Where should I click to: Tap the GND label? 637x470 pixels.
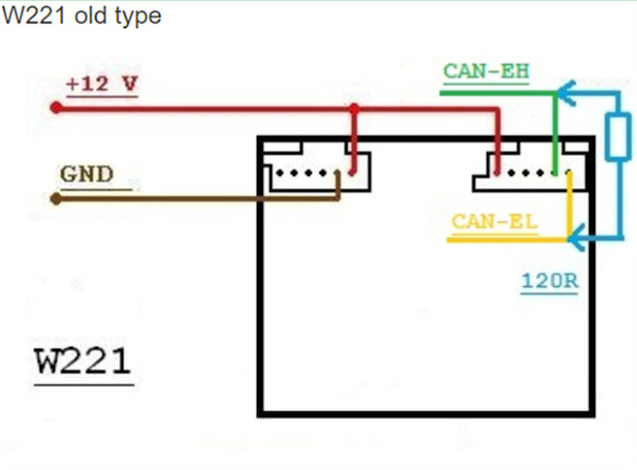point(87,175)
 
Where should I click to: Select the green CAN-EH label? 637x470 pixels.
point(486,72)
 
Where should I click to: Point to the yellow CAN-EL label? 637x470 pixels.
point(494,221)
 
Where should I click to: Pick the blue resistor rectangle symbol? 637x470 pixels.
point(617,137)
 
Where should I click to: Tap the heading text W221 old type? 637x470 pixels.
point(81,17)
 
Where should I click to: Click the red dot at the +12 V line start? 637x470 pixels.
point(56,106)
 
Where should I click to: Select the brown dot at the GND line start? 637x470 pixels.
point(56,198)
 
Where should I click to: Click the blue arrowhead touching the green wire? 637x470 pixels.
point(563,92)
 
